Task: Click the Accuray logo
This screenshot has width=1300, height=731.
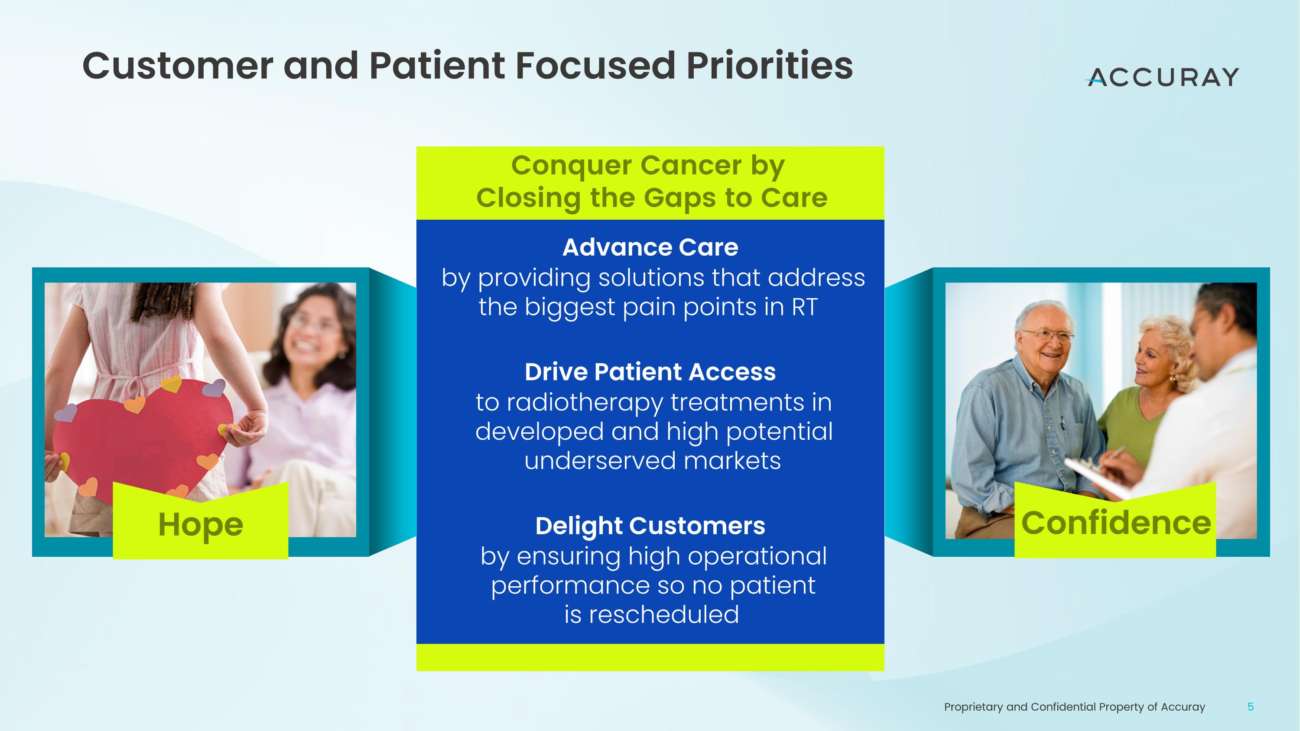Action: click(1162, 77)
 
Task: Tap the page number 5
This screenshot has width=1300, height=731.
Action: click(1251, 707)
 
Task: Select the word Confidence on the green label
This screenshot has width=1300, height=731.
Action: click(1116, 523)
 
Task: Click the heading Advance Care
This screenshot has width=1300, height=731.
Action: click(650, 247)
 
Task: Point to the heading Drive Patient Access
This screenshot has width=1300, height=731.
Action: click(650, 372)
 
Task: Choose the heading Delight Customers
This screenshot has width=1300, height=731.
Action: click(650, 526)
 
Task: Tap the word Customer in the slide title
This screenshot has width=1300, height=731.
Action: click(178, 66)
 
